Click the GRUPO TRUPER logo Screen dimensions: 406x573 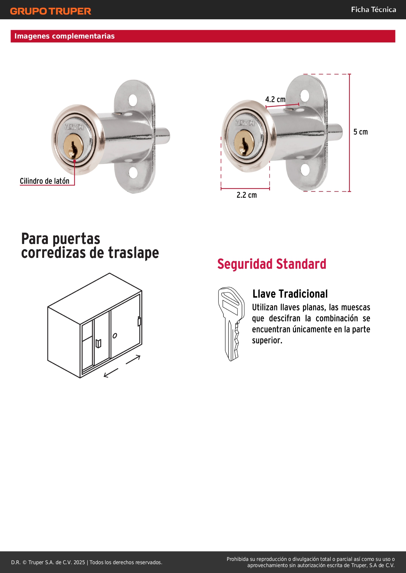pos(51,11)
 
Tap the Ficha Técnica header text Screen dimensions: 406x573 pos(374,9)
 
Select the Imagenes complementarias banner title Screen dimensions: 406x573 pos(64,36)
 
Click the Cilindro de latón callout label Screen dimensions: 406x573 pos(44,181)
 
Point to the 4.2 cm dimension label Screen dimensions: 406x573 pos(275,99)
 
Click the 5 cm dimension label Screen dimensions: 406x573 pos(361,132)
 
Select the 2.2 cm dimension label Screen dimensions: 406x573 pos(247,195)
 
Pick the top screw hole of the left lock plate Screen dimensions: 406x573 pos(133,100)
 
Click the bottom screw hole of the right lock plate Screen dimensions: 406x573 pos(305,170)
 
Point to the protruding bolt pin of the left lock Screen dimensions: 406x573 pos(162,136)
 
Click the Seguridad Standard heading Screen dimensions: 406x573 pos(272,264)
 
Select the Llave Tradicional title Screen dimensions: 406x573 pos(290,294)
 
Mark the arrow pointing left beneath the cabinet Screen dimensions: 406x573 pos(111,373)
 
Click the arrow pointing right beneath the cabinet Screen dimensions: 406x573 pos(133,359)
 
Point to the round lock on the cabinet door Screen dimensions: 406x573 pos(115,336)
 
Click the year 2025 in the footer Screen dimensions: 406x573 pos(79,562)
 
